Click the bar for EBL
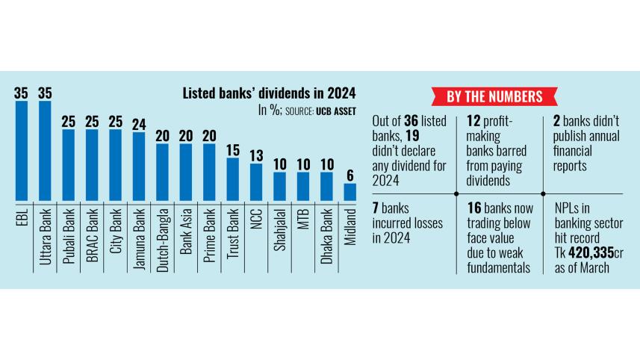pyautogui.click(x=21, y=150)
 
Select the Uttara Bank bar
pyautogui.click(x=44, y=150)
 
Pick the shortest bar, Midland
pyautogui.click(x=349, y=191)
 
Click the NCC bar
pyautogui.click(x=255, y=181)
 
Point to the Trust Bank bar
pyautogui.click(x=232, y=179)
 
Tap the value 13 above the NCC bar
pyautogui.click(x=255, y=155)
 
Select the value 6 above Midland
pyautogui.click(x=349, y=175)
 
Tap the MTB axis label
pyautogui.click(x=302, y=217)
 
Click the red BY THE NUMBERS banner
pyautogui.click(x=495, y=96)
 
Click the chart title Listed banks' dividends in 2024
pyautogui.click(x=270, y=93)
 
